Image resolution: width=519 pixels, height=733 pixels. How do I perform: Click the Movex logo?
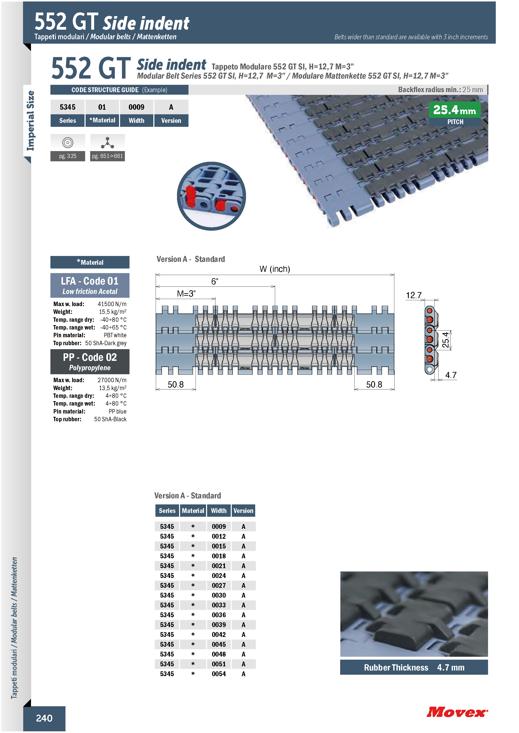[457, 712]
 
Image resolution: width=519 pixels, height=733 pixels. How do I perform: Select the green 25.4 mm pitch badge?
[455, 114]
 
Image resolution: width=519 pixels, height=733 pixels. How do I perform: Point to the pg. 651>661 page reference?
[107, 156]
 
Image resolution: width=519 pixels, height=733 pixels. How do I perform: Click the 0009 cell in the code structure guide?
[136, 107]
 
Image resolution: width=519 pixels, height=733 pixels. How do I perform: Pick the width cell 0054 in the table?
[219, 674]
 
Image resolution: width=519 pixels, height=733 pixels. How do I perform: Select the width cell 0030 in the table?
[219, 595]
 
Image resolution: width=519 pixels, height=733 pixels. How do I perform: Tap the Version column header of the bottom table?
[243, 510]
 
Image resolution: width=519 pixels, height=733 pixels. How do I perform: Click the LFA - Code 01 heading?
[90, 281]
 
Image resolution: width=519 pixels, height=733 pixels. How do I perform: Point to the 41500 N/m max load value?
[112, 304]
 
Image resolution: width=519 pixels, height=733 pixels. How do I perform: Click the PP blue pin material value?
[118, 411]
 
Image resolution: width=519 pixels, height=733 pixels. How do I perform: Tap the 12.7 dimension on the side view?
[414, 295]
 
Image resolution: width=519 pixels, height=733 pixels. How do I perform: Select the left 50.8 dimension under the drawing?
[176, 384]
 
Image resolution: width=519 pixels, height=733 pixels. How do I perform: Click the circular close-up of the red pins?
[211, 196]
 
